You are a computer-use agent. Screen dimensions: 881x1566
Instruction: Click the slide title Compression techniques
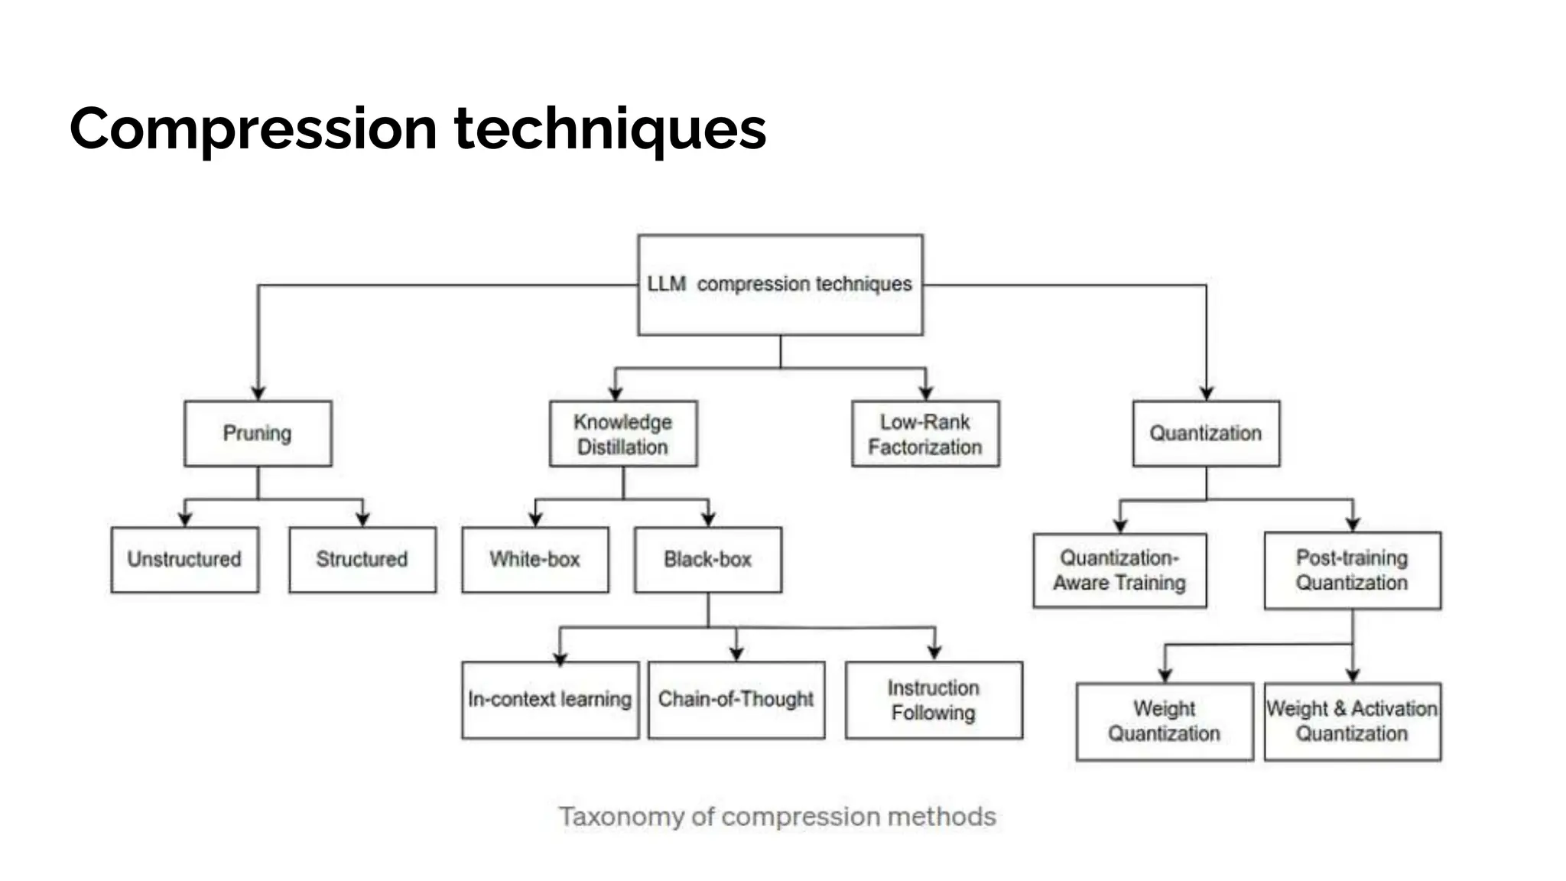coord(417,128)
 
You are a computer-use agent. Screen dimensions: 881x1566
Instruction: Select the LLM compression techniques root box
coord(780,284)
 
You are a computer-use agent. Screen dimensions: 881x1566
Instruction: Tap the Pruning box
coord(258,434)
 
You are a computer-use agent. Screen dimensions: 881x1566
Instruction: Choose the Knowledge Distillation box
coord(623,434)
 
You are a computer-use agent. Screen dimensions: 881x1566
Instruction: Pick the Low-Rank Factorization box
coord(925,434)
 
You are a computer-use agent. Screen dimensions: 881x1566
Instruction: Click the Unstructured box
coord(184,560)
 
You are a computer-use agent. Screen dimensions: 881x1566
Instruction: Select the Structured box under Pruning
coord(362,560)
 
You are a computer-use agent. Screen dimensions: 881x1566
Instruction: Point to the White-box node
coord(535,560)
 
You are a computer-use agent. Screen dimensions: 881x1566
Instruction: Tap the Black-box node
coord(708,560)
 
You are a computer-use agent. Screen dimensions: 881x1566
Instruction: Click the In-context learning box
coord(550,700)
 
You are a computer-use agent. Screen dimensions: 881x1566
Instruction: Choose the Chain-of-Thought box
coord(736,700)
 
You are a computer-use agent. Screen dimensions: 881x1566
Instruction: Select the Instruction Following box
coord(934,700)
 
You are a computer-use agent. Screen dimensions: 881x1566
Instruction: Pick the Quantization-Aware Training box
coord(1119,571)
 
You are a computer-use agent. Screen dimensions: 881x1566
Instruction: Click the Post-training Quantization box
coord(1352,571)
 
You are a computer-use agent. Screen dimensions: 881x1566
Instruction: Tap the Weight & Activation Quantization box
coord(1352,721)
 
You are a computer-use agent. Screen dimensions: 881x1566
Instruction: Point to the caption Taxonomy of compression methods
coord(777,817)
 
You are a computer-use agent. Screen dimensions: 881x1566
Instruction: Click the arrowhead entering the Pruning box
coord(258,393)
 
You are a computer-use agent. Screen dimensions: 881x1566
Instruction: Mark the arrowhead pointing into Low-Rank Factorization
coord(926,393)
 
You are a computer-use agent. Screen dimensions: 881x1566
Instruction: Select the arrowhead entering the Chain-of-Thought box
coord(736,654)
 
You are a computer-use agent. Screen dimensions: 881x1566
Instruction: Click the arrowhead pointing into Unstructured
coord(185,519)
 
